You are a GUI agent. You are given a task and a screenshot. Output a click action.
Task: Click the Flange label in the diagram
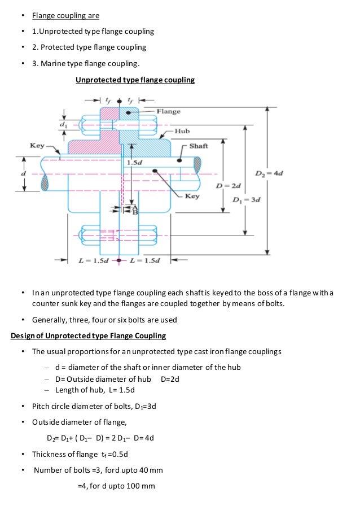169,111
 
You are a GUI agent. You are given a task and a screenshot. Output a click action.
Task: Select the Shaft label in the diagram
199,146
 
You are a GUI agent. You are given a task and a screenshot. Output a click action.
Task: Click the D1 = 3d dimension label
247,199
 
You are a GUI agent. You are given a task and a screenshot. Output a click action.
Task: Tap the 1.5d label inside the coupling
135,162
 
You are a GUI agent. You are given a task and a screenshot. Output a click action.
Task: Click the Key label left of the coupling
37,146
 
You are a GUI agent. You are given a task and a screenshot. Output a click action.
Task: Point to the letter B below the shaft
134,212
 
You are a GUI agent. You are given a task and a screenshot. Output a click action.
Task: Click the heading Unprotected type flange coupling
135,80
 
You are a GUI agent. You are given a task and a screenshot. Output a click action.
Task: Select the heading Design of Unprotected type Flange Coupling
89,336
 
